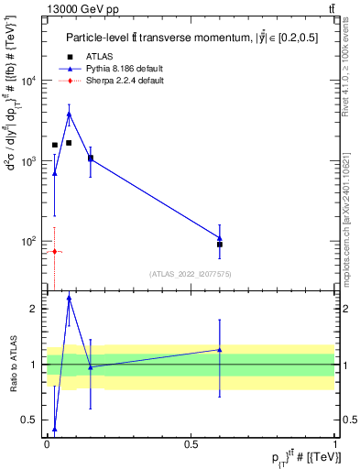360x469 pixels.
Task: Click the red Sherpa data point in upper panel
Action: coord(55,251)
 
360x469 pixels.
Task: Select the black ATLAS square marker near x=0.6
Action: coord(220,245)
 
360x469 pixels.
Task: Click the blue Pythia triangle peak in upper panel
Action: coord(69,115)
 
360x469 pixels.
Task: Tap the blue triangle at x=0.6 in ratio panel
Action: coord(220,349)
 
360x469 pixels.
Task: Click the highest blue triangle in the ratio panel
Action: coord(69,298)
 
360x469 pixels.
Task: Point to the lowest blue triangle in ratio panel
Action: coord(55,429)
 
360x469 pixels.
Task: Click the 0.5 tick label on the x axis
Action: coord(191,443)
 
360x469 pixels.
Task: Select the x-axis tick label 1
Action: coord(335,443)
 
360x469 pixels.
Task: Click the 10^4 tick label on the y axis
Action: coord(28,81)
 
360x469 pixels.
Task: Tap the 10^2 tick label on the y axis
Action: coord(28,241)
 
